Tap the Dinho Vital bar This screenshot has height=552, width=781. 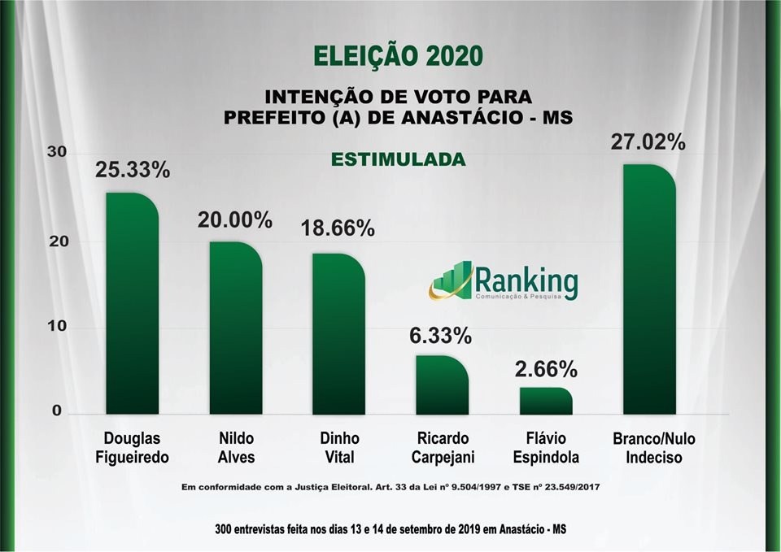[338, 333]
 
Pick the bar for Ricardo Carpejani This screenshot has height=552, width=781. [443, 385]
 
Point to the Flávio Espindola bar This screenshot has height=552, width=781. [546, 401]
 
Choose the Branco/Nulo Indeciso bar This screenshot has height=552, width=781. [649, 289]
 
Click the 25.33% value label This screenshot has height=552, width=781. [133, 170]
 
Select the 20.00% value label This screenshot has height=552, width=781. [236, 219]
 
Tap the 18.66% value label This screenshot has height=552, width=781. [338, 229]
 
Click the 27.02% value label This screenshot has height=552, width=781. [648, 141]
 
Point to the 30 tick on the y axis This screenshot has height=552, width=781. [56, 153]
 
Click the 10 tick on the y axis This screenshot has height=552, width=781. [56, 327]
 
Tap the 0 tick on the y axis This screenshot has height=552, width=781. [57, 411]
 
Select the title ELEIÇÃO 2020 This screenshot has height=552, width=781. [399, 56]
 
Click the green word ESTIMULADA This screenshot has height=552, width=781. [398, 159]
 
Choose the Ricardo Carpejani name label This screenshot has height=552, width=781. [443, 448]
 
